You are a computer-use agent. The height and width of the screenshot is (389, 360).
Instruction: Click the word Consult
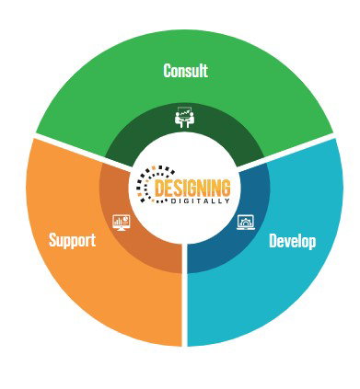pos(185,71)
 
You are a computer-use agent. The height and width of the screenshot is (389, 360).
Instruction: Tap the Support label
pos(73,240)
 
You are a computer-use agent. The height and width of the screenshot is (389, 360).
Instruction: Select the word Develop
pos(292,241)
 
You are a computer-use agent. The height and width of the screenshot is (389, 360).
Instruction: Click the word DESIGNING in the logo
pos(192,188)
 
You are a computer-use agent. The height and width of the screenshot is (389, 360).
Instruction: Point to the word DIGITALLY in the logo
pos(200,201)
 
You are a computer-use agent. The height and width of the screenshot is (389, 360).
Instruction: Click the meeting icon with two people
pos(185,117)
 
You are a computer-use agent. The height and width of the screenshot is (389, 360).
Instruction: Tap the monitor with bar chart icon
pos(122,223)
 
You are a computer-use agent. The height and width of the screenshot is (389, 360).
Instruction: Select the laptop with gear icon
pos(246,223)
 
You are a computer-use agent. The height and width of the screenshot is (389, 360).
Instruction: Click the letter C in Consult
pos(168,71)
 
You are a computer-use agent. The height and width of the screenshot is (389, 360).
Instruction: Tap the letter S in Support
pos(53,240)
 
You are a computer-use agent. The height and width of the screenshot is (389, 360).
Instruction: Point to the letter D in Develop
pos(273,241)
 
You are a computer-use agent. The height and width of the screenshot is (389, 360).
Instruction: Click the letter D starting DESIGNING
pos(159,188)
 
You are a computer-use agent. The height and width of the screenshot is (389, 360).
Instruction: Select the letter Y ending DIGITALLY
pos(227,201)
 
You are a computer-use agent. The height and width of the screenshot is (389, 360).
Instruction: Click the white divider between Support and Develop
pos(184,294)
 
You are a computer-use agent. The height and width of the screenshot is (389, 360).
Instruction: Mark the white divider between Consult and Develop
pos(285,153)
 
